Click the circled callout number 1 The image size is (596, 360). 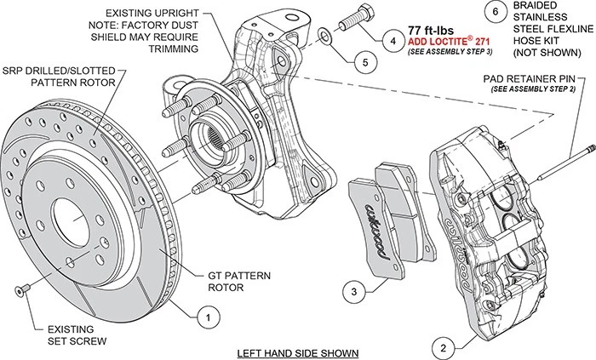(x=204, y=317)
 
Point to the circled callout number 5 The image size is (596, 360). (x=361, y=61)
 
